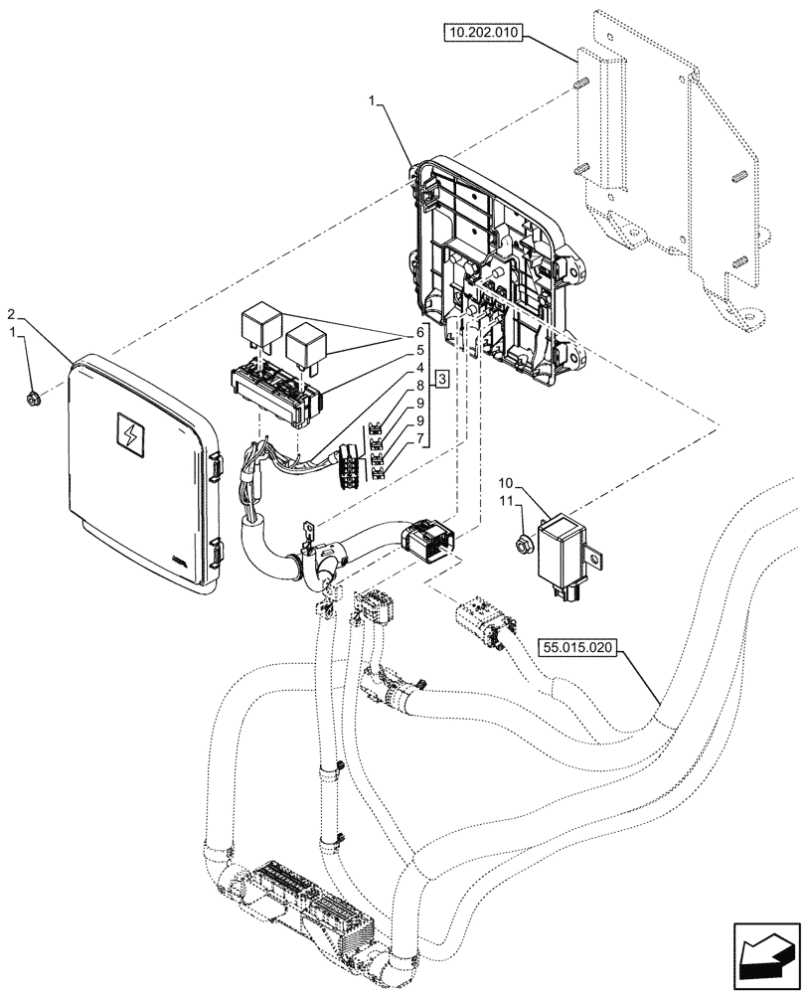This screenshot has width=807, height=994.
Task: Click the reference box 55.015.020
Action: pos(578,647)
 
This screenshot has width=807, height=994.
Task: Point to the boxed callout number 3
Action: pos(441,379)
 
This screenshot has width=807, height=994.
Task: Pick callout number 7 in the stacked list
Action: pos(420,437)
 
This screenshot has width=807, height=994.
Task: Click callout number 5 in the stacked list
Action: pos(420,351)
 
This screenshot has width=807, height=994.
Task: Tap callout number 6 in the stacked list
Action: pos(420,332)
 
